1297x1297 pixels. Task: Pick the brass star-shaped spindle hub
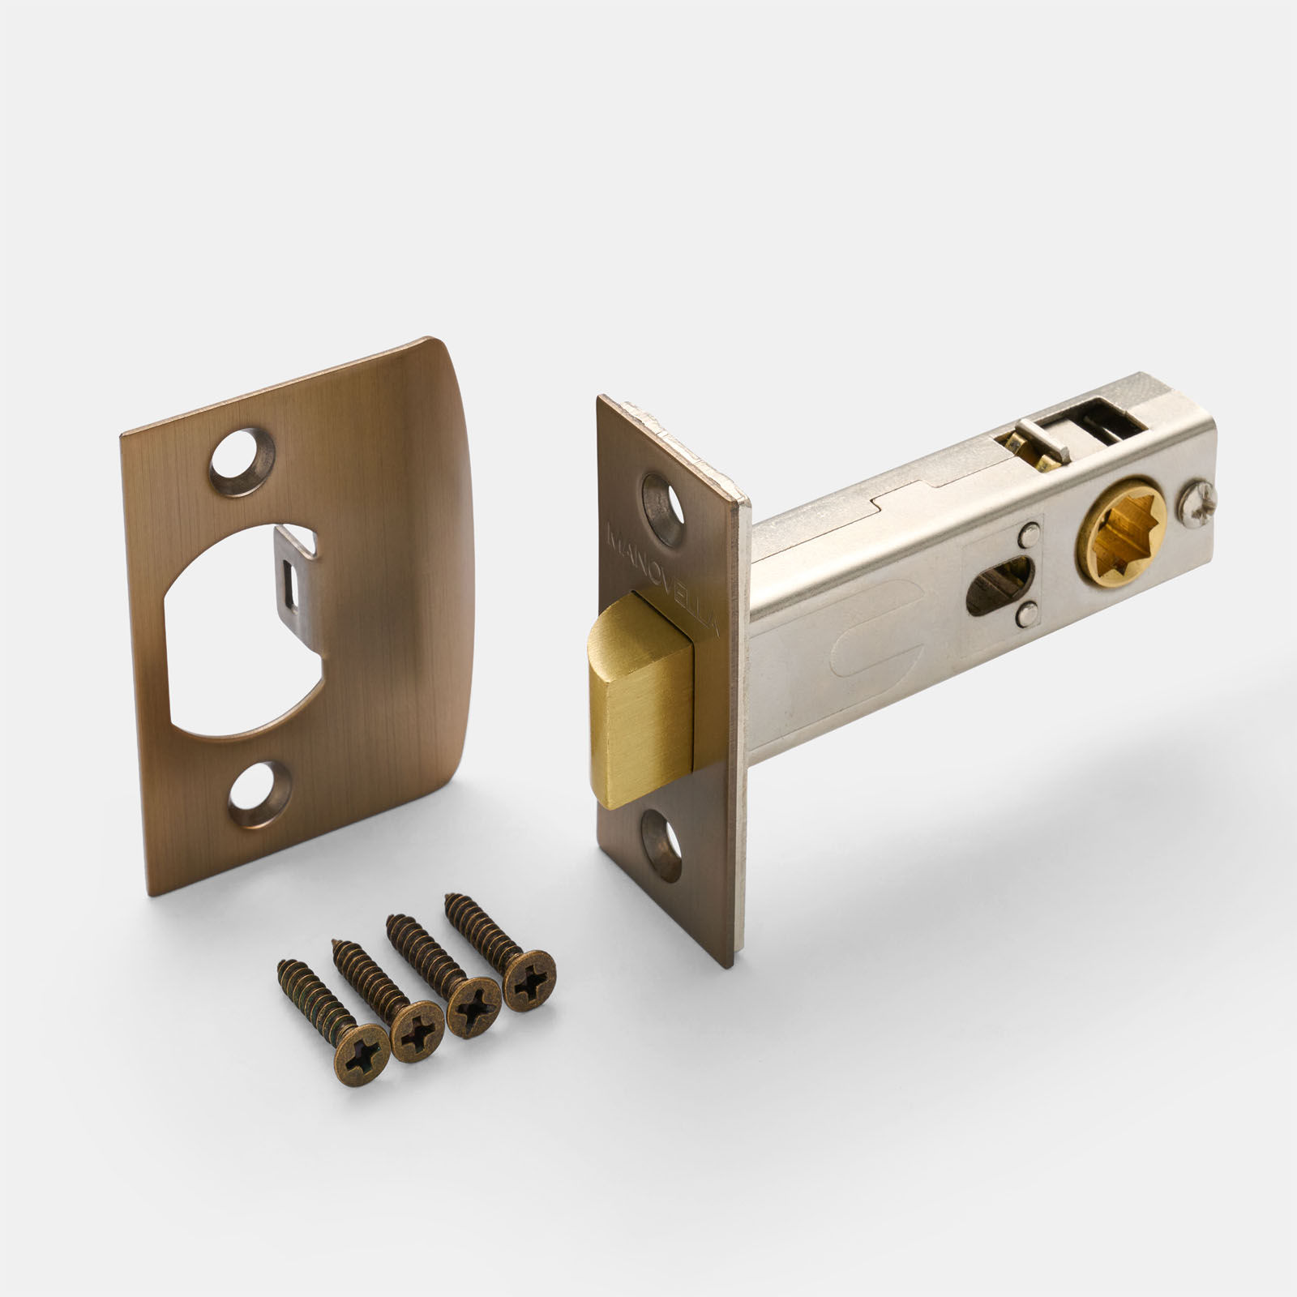(x=1121, y=534)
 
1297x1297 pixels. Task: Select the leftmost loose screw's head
(x=362, y=1054)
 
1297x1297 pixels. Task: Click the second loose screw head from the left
(x=417, y=1031)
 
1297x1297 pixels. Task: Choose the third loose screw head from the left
(x=473, y=1006)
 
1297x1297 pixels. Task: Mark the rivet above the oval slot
(x=1029, y=535)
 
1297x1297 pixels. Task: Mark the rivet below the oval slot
(x=1028, y=616)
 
